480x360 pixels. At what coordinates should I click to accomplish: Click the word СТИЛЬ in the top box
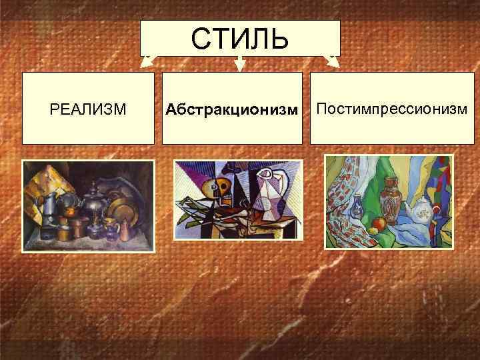pos(240,39)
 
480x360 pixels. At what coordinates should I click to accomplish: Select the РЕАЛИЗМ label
pos(88,109)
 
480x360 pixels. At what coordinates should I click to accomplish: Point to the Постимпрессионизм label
pos(392,108)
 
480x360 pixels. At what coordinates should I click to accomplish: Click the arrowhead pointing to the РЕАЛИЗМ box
pos(146,63)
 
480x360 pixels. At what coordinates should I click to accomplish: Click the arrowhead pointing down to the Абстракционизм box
pos(240,65)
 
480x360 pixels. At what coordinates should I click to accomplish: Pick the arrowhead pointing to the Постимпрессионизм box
pos(333,63)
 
